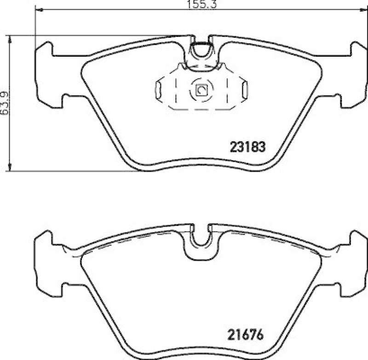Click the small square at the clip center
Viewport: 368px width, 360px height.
click(201, 90)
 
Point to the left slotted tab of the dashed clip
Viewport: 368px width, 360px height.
click(159, 89)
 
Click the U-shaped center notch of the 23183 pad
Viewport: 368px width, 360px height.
click(201, 50)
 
